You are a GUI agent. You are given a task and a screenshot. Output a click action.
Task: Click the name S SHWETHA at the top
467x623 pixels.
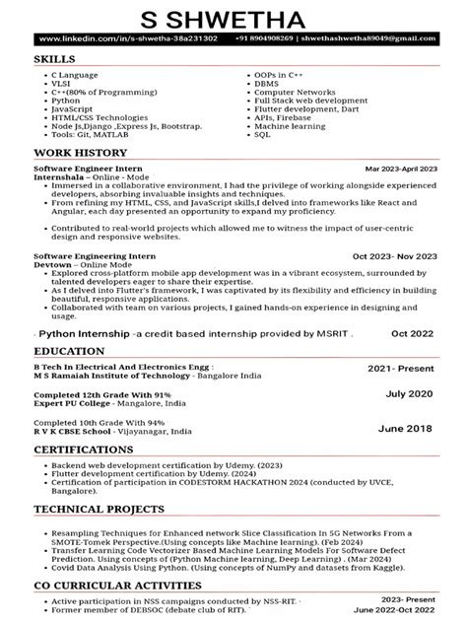tap(233, 17)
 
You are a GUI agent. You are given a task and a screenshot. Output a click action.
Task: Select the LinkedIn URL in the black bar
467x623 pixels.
tap(117, 39)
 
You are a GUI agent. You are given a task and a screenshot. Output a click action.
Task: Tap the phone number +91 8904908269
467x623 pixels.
tap(262, 39)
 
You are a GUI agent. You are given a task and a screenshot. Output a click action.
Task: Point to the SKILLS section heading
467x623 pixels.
tap(55, 59)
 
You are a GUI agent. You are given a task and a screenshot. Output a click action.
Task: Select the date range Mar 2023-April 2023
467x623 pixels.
tap(400, 170)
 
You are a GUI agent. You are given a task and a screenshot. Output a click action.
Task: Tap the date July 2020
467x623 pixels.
tap(409, 393)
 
